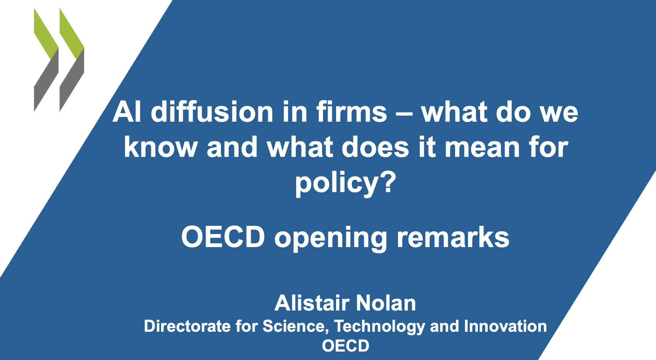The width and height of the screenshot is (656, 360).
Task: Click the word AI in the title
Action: tap(127, 112)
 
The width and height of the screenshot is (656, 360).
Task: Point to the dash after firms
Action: tap(404, 114)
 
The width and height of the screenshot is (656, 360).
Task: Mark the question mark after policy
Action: tap(388, 181)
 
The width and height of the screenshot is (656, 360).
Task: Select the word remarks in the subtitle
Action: tap(453, 237)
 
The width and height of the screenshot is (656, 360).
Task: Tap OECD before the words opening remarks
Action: tap(223, 237)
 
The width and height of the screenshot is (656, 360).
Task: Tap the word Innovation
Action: tap(505, 326)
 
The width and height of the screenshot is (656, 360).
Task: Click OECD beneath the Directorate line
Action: tap(346, 346)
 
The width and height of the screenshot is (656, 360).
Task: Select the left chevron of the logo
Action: tap(46, 60)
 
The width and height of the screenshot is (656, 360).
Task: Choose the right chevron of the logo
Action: tap(72, 60)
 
